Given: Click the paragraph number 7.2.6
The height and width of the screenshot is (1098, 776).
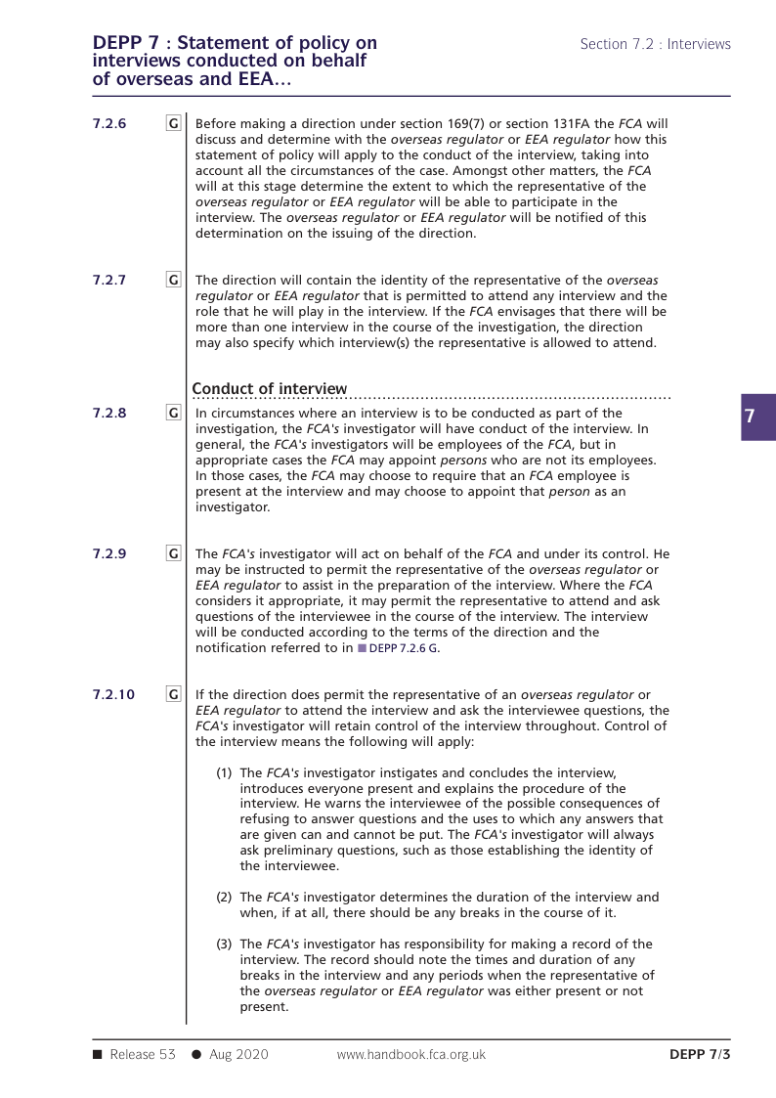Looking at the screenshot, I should click(108, 124).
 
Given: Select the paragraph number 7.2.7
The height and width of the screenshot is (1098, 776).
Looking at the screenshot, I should click(108, 280).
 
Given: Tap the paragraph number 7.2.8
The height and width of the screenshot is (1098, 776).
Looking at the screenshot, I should click(108, 414).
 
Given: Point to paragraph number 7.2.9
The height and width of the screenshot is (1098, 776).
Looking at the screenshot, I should click(108, 554).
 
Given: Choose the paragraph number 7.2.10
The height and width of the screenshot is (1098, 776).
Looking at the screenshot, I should click(112, 694).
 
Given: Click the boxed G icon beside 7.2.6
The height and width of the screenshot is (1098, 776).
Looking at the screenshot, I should click(173, 124).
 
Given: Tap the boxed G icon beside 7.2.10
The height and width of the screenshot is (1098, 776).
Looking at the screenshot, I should click(173, 694).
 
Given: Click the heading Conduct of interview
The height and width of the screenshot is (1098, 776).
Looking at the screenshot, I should click(269, 389).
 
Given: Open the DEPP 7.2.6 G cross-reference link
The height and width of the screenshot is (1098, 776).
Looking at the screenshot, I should click(404, 648).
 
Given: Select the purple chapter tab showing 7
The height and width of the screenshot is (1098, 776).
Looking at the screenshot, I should click(751, 417).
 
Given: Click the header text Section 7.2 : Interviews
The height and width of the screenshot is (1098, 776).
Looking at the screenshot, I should click(655, 44).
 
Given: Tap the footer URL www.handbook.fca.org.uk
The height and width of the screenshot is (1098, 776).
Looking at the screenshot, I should click(410, 1054).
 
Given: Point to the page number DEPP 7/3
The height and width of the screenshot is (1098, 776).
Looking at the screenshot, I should click(700, 1054).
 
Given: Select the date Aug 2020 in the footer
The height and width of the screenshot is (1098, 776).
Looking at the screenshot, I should click(238, 1054).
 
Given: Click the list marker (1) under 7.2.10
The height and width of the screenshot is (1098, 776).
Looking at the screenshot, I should click(224, 772).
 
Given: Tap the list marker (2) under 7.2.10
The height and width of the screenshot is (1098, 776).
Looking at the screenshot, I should click(224, 897).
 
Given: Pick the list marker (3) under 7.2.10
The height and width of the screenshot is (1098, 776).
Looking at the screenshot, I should click(224, 944).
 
